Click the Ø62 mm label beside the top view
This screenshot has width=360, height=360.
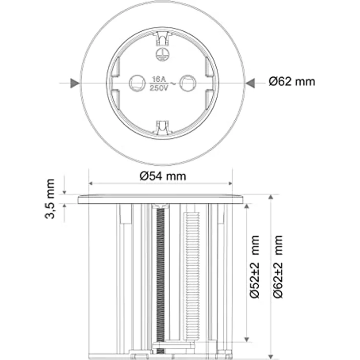292,82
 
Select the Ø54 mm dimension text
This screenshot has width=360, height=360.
163,176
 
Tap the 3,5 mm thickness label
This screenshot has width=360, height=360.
50,199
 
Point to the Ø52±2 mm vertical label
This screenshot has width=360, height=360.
255,267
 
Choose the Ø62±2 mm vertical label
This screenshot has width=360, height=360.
278,267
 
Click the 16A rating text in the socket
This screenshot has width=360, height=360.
159,79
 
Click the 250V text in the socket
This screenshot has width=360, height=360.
159,88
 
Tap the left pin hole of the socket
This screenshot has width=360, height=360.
137,83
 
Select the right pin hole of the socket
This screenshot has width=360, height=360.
187,83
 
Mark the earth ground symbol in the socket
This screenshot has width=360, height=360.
162,55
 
